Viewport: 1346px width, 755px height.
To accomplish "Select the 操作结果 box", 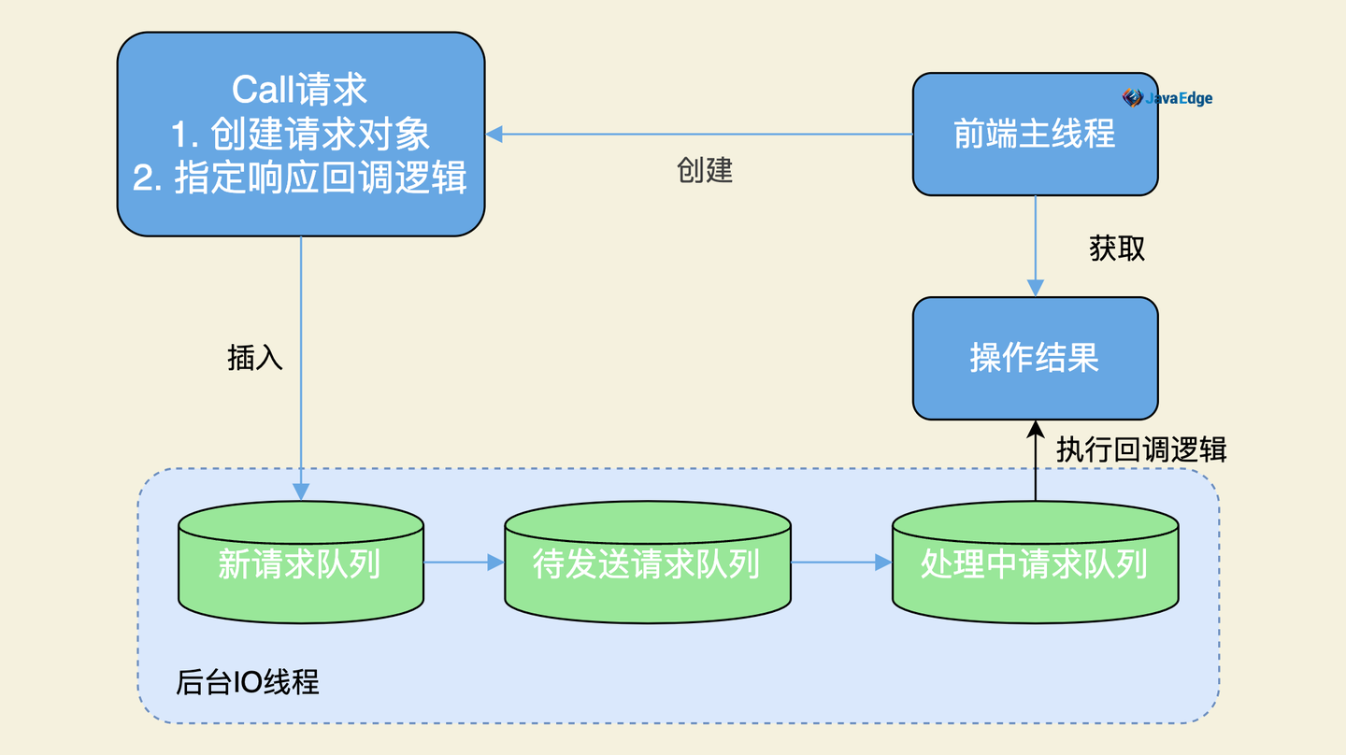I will [x=1035, y=358].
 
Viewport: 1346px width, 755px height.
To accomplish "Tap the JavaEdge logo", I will [x=1167, y=98].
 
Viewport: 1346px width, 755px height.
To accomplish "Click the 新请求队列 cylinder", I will [x=300, y=563].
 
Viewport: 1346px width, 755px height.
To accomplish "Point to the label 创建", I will [x=705, y=170].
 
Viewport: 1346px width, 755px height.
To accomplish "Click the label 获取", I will [x=1117, y=248].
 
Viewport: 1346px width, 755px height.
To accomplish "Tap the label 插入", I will [x=255, y=358].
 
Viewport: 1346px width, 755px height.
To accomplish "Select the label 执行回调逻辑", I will [x=1141, y=449].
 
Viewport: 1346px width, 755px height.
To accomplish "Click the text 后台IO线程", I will [x=248, y=682].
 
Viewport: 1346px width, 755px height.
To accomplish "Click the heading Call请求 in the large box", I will [x=300, y=90].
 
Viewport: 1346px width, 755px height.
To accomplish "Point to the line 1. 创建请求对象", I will [x=300, y=134].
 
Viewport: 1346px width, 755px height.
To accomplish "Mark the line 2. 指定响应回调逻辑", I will [x=300, y=178].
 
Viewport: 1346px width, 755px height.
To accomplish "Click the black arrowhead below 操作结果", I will [x=1035, y=429].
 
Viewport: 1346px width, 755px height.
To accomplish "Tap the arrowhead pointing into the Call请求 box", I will [x=494, y=134].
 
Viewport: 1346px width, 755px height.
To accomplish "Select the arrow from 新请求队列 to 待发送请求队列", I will [x=464, y=563].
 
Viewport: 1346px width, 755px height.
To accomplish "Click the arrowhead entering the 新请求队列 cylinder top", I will [x=301, y=491].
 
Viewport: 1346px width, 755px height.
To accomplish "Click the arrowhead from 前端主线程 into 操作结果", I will [x=1035, y=288].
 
